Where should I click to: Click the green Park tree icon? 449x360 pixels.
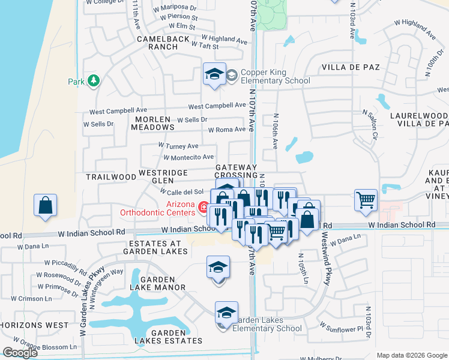pyautogui.click(x=93, y=80)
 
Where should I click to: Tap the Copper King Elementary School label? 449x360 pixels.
pyautogui.click(x=275, y=77)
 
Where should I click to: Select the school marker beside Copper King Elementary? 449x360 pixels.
pyautogui.click(x=214, y=74)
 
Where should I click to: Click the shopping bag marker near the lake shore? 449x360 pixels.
pyautogui.click(x=46, y=206)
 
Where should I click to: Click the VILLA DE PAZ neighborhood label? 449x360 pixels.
pyautogui.click(x=351, y=67)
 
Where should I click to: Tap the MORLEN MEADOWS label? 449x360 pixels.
pyautogui.click(x=152, y=123)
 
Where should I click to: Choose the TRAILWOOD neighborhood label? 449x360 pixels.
pyautogui.click(x=111, y=177)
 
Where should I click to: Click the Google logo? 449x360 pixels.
pyautogui.click(x=20, y=353)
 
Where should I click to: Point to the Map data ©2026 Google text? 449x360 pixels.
pyautogui.click(x=412, y=355)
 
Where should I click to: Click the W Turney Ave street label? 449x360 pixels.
pyautogui.click(x=178, y=145)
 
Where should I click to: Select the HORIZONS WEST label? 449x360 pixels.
pyautogui.click(x=34, y=325)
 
